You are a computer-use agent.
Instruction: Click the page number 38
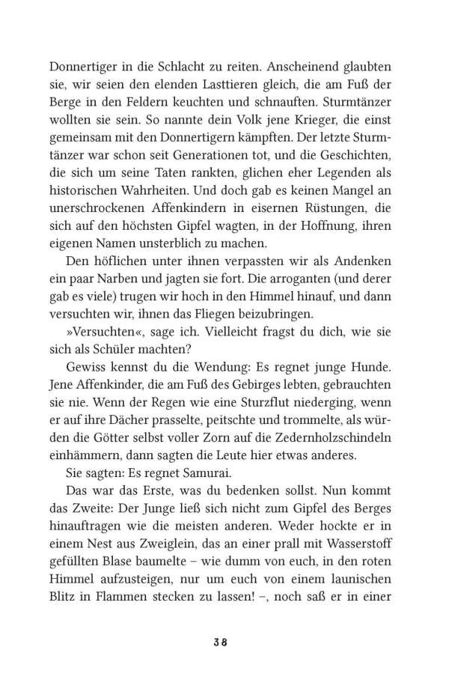224,643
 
